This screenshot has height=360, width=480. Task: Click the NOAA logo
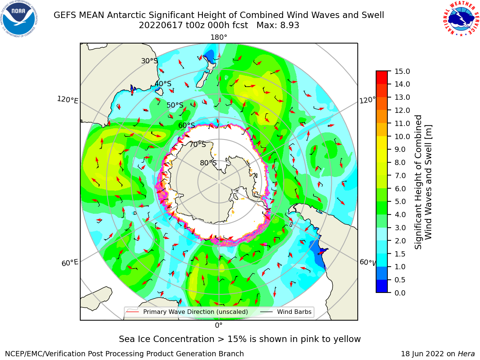19,19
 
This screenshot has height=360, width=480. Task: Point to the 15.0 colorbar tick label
402,71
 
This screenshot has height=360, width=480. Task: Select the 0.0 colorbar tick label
400,292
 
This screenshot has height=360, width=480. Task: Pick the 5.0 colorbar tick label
400,201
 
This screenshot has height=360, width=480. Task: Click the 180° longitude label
219,37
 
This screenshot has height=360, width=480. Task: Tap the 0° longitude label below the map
219,325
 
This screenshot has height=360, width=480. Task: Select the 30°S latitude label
149,61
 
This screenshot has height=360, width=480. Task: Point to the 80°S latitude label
208,163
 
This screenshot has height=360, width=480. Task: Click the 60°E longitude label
70,263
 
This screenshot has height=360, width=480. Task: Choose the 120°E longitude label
67,100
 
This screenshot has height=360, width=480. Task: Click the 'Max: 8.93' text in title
278,25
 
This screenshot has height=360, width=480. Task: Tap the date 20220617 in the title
161,25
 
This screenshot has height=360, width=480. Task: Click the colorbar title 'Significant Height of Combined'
418,182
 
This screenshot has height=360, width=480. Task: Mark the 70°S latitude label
198,144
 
